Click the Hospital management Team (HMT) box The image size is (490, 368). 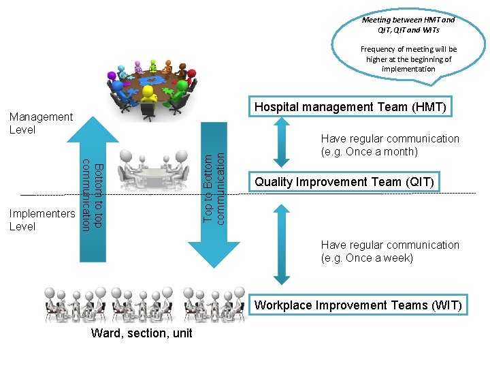(x=350, y=107)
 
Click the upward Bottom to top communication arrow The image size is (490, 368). (x=93, y=191)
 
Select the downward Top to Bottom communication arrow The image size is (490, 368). (x=214, y=198)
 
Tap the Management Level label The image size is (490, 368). (x=41, y=123)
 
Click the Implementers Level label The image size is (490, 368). (x=42, y=220)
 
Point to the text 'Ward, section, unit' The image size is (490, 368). (x=142, y=333)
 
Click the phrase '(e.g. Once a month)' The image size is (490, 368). (x=369, y=152)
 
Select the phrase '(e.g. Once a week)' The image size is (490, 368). (x=367, y=258)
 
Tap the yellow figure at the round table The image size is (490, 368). (x=148, y=95)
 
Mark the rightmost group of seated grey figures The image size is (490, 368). (x=214, y=303)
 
